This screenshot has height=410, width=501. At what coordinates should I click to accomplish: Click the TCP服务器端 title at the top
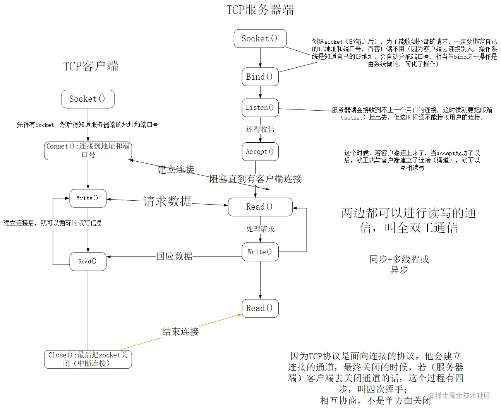coord(260,10)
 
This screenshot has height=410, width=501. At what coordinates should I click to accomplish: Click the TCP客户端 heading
coord(91,66)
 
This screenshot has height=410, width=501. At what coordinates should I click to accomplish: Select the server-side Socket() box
coord(260,38)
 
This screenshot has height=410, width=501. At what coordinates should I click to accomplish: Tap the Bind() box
coord(260,77)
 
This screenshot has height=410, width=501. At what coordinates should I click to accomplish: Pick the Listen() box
coord(260,108)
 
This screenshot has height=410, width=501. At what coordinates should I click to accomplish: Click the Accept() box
coord(260,152)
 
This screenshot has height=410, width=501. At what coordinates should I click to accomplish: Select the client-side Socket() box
coord(88,99)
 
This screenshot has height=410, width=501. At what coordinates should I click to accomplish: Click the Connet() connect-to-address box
coord(88,150)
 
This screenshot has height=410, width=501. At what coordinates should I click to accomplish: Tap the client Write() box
coord(88,198)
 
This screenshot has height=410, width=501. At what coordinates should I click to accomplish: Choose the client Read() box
coord(88,261)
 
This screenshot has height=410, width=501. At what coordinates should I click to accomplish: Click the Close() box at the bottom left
coord(88,359)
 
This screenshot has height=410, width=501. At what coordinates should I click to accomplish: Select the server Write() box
coord(260,252)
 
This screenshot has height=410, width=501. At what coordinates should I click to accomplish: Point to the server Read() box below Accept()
coord(260,207)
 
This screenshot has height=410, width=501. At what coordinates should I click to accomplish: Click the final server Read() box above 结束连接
coord(260,308)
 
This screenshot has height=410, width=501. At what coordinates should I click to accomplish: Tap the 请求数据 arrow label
coord(167,201)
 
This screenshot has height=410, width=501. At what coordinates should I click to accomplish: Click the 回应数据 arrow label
coord(174,256)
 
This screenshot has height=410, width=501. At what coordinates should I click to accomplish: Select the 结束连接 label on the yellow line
coord(180,331)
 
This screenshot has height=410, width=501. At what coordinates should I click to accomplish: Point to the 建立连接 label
coord(176,169)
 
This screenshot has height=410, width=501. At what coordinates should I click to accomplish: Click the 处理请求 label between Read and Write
coord(260,229)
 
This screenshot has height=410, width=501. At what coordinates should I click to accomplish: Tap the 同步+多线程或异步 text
coord(399,265)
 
